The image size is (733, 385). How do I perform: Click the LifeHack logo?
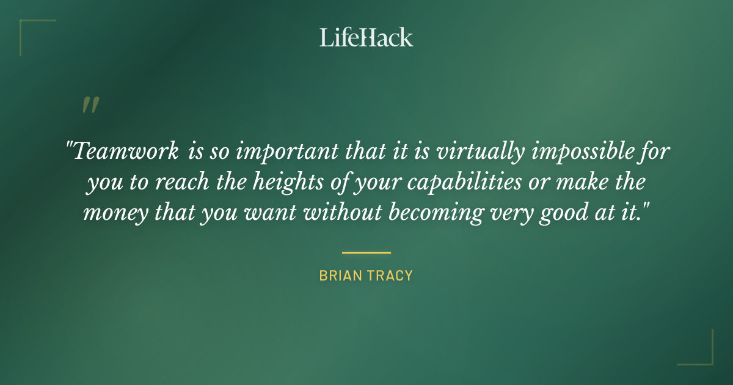coord(366,37)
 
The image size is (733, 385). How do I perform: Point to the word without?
coord(335,213)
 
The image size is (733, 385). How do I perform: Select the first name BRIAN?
coord(341,276)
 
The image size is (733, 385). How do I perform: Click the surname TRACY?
coord(390,276)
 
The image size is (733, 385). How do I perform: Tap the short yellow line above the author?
coord(366,252)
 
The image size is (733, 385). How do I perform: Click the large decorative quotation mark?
coord(90,105)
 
